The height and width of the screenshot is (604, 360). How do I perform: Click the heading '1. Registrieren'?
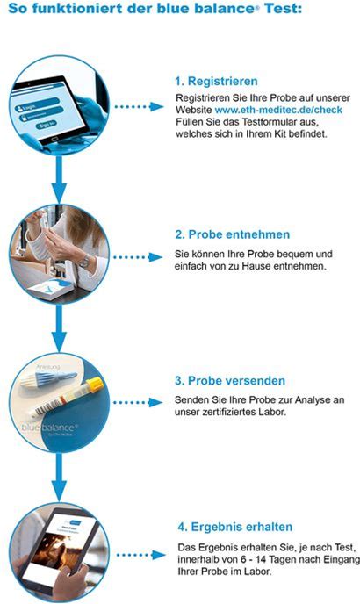(x=216, y=82)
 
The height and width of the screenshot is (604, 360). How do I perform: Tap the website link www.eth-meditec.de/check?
(x=278, y=110)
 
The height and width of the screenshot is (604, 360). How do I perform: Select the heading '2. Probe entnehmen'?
(x=233, y=234)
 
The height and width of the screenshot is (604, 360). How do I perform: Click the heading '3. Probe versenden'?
(x=230, y=381)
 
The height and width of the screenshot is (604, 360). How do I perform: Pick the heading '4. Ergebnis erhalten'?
(x=235, y=527)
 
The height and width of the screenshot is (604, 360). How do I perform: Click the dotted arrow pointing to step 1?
(x=139, y=107)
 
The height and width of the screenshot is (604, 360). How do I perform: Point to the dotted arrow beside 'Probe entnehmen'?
(x=139, y=257)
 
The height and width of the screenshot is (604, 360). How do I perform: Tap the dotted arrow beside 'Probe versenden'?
(x=139, y=403)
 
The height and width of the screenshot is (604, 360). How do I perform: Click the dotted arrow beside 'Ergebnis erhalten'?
(x=141, y=555)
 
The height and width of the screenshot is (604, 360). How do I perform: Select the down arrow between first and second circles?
(x=59, y=179)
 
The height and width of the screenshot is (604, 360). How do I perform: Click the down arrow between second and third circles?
(x=59, y=327)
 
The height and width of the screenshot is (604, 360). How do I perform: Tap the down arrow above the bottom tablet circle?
(x=59, y=478)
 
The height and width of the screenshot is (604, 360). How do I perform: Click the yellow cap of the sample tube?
(x=95, y=384)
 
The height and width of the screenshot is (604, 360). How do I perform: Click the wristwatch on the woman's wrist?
(x=84, y=262)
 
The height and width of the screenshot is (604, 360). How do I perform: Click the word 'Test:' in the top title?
(x=284, y=8)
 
